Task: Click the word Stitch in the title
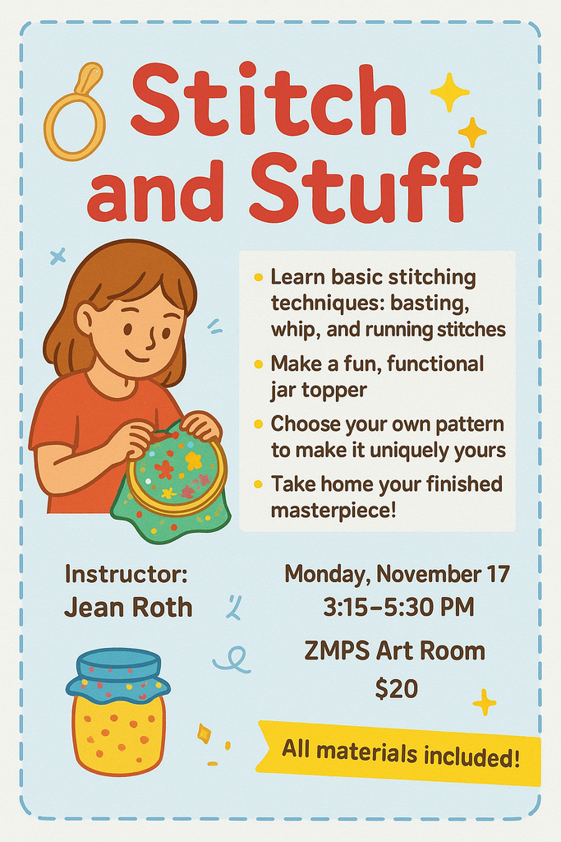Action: pos(268,104)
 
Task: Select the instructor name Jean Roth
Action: pos(128,608)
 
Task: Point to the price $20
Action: pos(396,687)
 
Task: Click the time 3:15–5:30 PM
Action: pos(398,608)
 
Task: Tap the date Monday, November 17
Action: pos(398,573)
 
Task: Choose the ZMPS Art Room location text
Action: pos(395,651)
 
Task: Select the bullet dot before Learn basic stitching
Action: pos(260,278)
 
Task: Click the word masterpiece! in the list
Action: pos(333,510)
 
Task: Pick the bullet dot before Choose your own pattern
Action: pos(260,425)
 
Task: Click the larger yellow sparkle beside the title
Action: pos(449,92)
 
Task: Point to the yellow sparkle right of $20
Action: pos(484,702)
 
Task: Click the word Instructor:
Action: pos(126,573)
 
